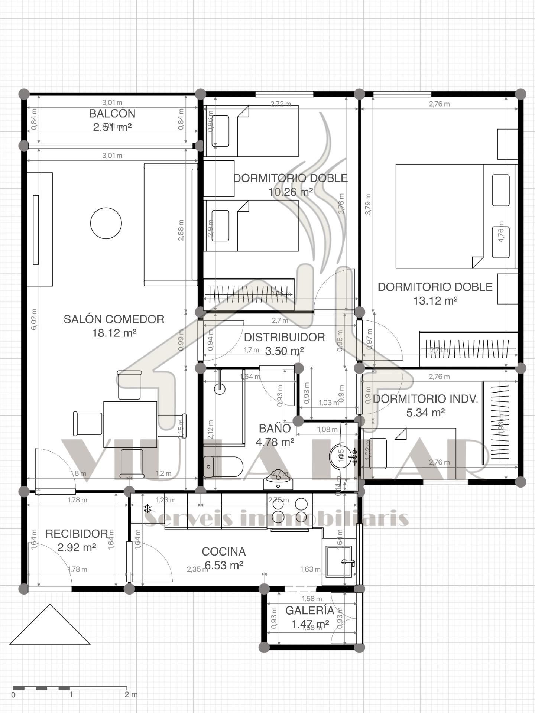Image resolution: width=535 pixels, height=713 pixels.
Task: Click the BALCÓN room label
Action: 112,114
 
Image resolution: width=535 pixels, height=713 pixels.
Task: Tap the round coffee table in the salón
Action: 106,223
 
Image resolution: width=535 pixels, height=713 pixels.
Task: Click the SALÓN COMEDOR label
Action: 114,319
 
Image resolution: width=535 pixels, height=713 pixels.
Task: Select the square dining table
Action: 130,424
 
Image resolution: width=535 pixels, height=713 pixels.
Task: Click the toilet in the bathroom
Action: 223,467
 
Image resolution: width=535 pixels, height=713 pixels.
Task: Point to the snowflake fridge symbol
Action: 147,508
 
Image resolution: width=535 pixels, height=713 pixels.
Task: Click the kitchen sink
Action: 338,561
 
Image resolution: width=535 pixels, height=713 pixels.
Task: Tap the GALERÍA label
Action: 309,611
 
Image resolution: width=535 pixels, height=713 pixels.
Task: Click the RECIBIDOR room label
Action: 77,534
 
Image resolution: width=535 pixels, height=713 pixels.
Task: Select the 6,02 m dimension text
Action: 34,319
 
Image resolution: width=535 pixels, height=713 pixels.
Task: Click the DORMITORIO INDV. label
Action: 425,399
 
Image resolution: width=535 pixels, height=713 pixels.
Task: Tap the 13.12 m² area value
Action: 435,301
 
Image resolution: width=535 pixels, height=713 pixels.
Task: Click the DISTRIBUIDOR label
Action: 284,337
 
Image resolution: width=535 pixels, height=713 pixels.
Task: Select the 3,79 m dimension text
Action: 368,204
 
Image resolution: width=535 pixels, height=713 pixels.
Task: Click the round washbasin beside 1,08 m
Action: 339,453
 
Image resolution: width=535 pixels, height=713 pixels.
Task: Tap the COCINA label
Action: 224,551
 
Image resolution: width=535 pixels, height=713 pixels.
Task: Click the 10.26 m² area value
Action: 291,192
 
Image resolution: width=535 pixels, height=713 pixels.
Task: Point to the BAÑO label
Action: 275,429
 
